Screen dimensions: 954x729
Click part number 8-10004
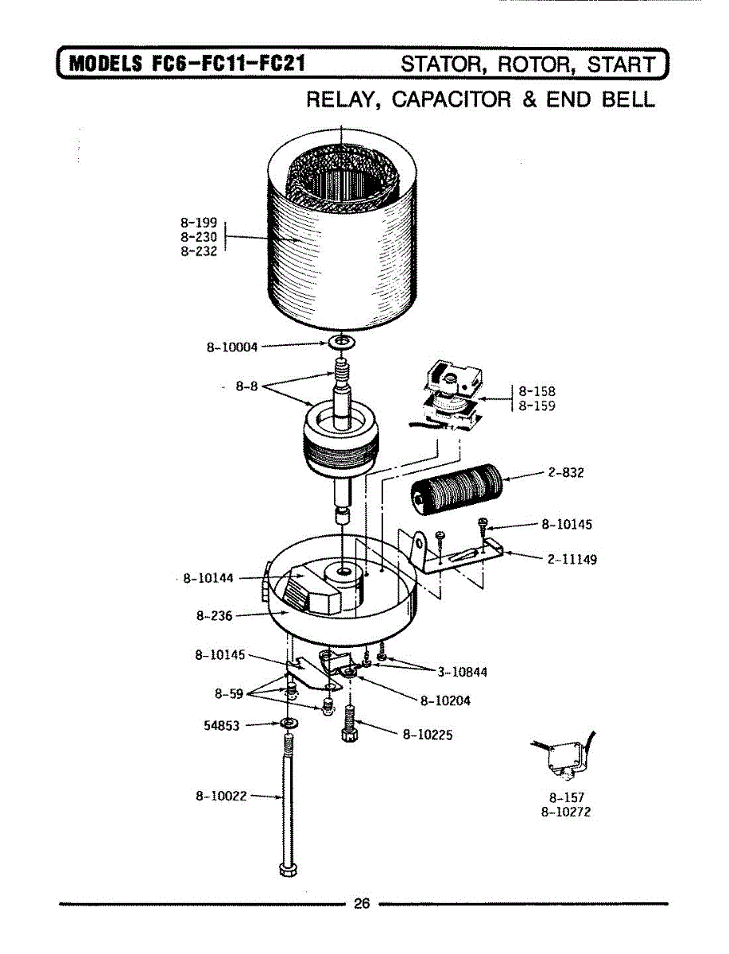tap(232, 347)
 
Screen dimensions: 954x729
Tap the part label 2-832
tap(566, 473)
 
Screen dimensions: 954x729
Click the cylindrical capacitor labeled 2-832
tap(456, 489)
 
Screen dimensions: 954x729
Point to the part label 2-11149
tap(572, 559)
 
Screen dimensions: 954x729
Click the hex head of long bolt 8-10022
tap(287, 867)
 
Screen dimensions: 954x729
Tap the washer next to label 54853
tap(288, 723)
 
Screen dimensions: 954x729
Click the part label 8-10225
tap(428, 735)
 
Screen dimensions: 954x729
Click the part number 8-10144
tap(209, 578)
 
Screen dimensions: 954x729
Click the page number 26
tap(363, 903)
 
